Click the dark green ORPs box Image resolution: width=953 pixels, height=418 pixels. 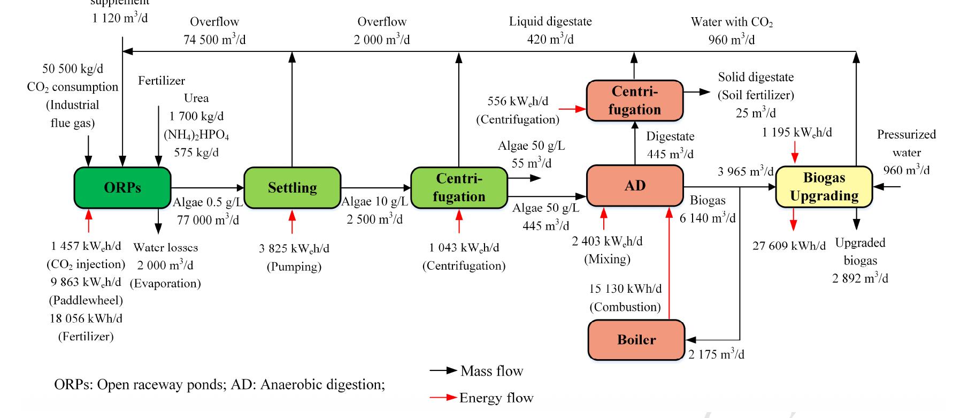[x=122, y=188]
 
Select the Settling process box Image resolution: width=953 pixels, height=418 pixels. [x=292, y=188]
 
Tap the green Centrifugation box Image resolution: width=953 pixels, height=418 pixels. [x=459, y=188]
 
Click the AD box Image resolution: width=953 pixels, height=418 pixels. [x=635, y=186]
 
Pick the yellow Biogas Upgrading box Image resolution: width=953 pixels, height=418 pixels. [x=824, y=187]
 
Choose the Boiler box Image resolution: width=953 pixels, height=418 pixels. [x=636, y=340]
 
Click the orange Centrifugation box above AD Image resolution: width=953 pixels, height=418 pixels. [x=634, y=101]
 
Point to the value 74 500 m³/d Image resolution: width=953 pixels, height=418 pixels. [x=214, y=40]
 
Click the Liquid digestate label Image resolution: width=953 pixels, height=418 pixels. [x=550, y=22]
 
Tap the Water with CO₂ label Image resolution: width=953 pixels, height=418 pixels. [x=731, y=22]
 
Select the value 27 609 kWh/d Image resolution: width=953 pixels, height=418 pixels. [x=789, y=246]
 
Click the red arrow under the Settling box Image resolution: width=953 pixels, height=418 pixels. [x=292, y=222]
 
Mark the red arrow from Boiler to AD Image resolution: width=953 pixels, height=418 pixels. [x=668, y=262]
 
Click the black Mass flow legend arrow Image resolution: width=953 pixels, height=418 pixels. [x=443, y=371]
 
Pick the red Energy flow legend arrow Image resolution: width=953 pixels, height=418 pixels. [x=443, y=398]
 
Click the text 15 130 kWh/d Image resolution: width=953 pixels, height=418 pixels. [x=625, y=289]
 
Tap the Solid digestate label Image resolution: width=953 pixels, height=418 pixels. [x=755, y=77]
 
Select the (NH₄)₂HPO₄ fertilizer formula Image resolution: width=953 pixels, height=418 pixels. [x=196, y=134]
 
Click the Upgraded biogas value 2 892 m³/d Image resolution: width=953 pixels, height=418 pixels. [x=860, y=279]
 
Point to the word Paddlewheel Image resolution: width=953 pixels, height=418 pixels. [x=86, y=300]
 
